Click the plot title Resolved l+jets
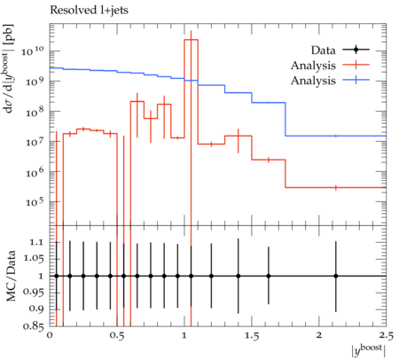click(89, 10)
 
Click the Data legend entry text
click(323, 51)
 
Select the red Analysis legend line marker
click(356, 65)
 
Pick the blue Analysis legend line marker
click(356, 80)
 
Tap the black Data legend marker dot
click(356, 50)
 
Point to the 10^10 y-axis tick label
click(33, 51)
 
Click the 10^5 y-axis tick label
click(35, 202)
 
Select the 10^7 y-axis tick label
click(35, 142)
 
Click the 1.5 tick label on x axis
click(252, 336)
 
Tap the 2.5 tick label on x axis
click(386, 336)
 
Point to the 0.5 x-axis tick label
click(117, 336)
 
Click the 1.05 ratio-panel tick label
click(34, 259)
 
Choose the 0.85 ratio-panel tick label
click(34, 326)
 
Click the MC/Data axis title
click(11, 276)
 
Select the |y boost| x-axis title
click(369, 350)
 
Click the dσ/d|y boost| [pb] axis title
click(9, 68)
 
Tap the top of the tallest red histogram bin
click(191, 40)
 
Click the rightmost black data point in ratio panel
click(336, 276)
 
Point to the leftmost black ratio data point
click(57, 276)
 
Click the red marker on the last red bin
click(336, 187)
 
